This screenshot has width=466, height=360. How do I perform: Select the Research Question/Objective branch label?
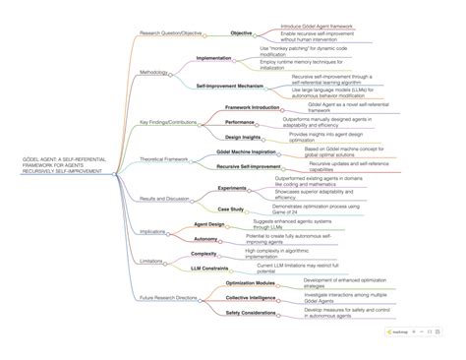[171, 32]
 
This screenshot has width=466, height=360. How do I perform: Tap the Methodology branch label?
[153, 72]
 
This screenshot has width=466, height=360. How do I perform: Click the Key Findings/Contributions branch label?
[167, 122]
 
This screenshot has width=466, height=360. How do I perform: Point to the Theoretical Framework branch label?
[164, 158]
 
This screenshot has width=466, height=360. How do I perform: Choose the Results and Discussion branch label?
[165, 198]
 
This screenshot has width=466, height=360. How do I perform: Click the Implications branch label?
[152, 231]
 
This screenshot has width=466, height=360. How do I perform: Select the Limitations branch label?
[151, 261]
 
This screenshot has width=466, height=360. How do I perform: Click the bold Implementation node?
[213, 58]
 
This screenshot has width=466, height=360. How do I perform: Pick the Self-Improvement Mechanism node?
[228, 87]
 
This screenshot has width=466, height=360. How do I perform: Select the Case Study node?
[231, 209]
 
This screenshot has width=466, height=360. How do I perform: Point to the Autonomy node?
[206, 238]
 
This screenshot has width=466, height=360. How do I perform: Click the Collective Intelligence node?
[250, 296]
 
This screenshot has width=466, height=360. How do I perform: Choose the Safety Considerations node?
[251, 312]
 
